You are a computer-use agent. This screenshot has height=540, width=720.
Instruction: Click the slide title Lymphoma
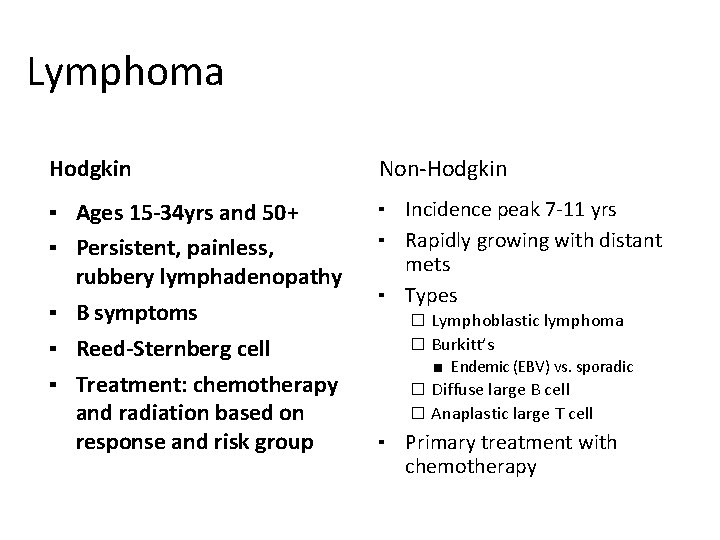click(x=125, y=73)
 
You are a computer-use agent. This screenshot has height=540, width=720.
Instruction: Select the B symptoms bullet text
click(x=136, y=313)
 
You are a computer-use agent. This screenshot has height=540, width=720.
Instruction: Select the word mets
click(x=427, y=265)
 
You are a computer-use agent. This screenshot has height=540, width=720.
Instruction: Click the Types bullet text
click(x=431, y=295)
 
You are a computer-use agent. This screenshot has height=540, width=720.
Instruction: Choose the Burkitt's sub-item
click(x=463, y=344)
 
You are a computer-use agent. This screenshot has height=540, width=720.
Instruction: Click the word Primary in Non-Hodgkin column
click(x=439, y=443)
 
